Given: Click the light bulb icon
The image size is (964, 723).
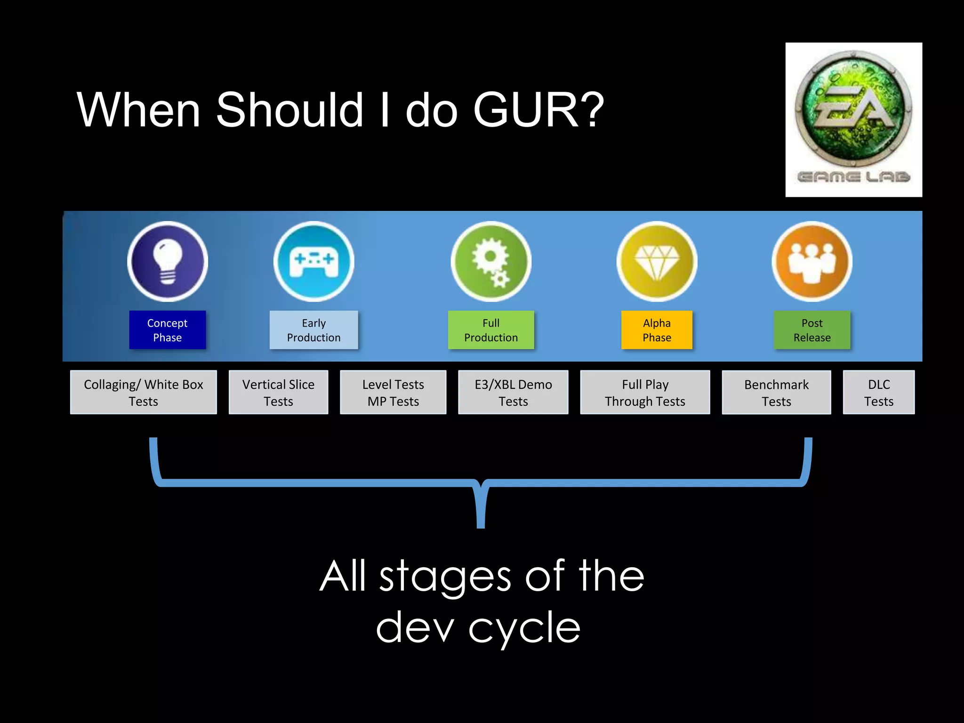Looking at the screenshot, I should [168, 262].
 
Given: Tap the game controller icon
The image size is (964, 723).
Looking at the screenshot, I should [313, 262].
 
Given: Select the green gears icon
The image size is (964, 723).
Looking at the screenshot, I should [491, 262].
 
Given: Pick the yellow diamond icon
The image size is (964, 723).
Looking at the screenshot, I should [657, 262].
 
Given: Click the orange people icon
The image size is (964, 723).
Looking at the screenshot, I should [812, 262].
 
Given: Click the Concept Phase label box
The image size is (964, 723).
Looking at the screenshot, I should [168, 330].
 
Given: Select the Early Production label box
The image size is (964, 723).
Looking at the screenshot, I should [313, 330].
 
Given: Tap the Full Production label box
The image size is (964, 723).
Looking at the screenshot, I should [491, 330].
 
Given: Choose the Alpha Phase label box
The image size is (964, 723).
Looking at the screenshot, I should [657, 330].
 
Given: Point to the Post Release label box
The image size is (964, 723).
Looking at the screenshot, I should [812, 330].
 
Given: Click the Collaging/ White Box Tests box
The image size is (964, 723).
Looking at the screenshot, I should [143, 392].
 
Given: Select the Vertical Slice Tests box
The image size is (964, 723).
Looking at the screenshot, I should [278, 392].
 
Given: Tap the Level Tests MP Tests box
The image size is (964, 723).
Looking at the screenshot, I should [393, 392].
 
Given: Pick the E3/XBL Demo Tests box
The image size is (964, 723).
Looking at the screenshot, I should [513, 392].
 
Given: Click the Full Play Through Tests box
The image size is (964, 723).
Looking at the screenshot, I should [645, 392].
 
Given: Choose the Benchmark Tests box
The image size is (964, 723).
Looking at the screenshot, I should [776, 392].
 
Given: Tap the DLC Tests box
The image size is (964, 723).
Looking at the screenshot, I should [878, 392].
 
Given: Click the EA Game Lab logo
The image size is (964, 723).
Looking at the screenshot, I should [853, 120].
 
